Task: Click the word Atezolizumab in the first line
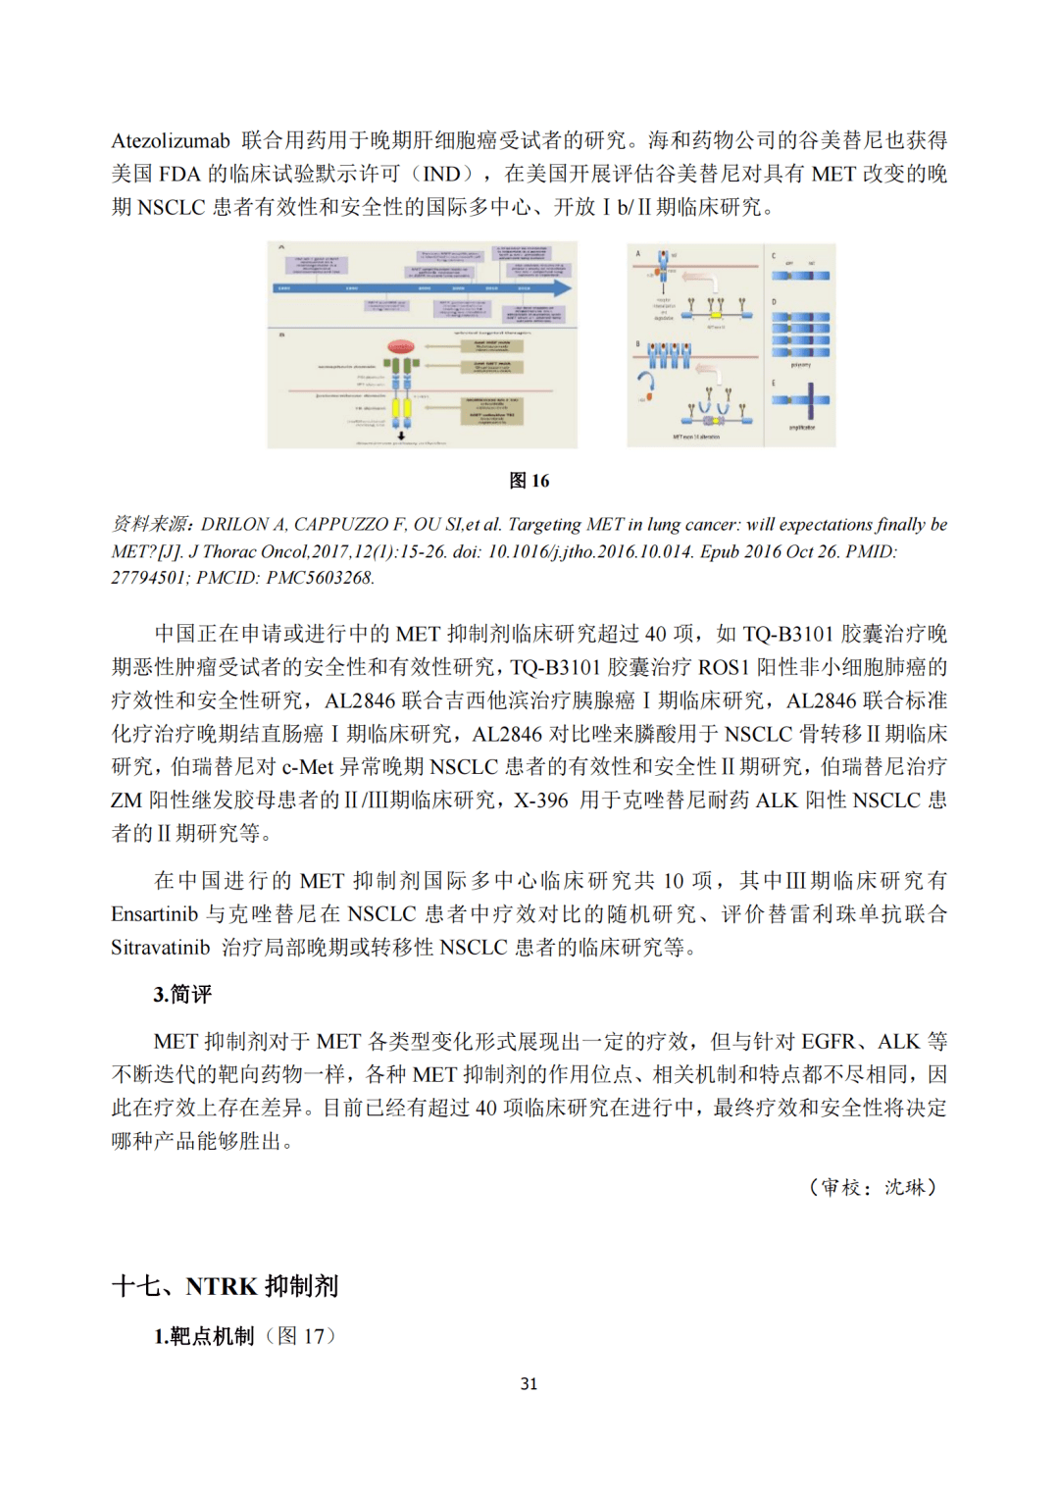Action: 171,141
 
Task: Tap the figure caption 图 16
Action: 529,481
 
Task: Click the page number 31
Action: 529,1384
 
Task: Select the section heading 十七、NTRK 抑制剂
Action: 226,1286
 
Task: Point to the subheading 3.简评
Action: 182,995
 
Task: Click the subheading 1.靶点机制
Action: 204,1336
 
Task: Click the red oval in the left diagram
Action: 400,347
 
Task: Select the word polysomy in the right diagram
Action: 801,365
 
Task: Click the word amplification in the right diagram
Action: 801,428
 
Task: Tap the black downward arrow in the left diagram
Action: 401,434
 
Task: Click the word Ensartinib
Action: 155,914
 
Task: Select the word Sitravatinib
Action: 161,948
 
